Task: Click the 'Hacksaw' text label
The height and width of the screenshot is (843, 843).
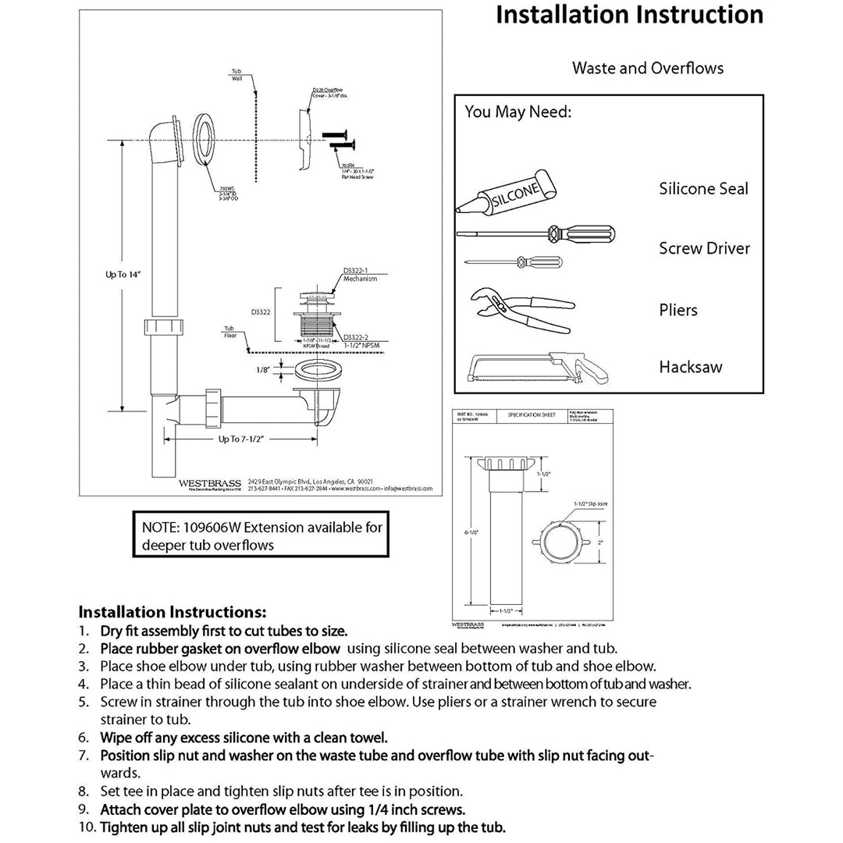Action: (691, 366)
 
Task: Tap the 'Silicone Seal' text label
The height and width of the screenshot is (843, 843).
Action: (703, 188)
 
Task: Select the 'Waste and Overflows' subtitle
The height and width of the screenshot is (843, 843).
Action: (647, 68)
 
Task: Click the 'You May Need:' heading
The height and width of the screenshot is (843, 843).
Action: (518, 112)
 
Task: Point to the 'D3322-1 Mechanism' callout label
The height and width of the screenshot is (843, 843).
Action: (360, 274)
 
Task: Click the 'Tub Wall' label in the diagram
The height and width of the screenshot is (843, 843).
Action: (236, 73)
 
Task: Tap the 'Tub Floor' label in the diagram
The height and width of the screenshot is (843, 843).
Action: (229, 332)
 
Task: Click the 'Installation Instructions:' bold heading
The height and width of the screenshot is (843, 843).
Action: (173, 611)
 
